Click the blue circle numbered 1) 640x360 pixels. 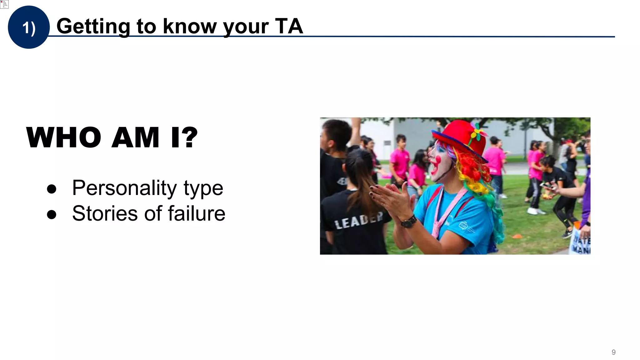click(28, 27)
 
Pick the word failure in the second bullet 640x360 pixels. click(197, 213)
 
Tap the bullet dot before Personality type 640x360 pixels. click(52, 189)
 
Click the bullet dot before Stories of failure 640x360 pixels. click(52, 215)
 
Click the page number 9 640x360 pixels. click(613, 352)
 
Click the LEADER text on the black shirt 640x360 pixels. click(358, 221)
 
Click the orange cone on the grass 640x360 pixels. click(518, 236)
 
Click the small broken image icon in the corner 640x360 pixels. click(4, 4)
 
